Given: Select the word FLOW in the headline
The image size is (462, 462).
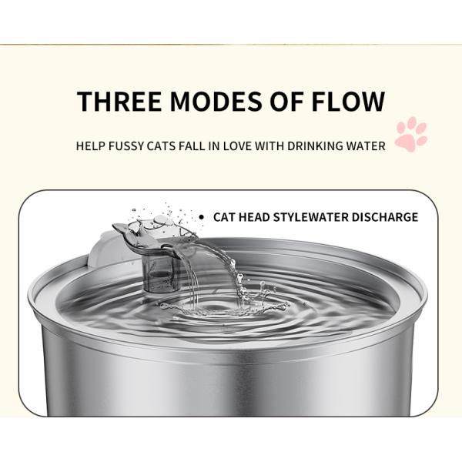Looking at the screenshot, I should click(346, 102).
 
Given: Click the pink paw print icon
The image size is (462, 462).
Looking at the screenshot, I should click(410, 134).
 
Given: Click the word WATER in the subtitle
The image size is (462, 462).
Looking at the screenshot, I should click(365, 146).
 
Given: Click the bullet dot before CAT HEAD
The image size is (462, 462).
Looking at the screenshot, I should click(202, 218).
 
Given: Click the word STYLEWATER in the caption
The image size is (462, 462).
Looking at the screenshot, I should click(306, 217).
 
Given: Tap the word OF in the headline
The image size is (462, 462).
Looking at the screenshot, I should click(290, 102).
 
